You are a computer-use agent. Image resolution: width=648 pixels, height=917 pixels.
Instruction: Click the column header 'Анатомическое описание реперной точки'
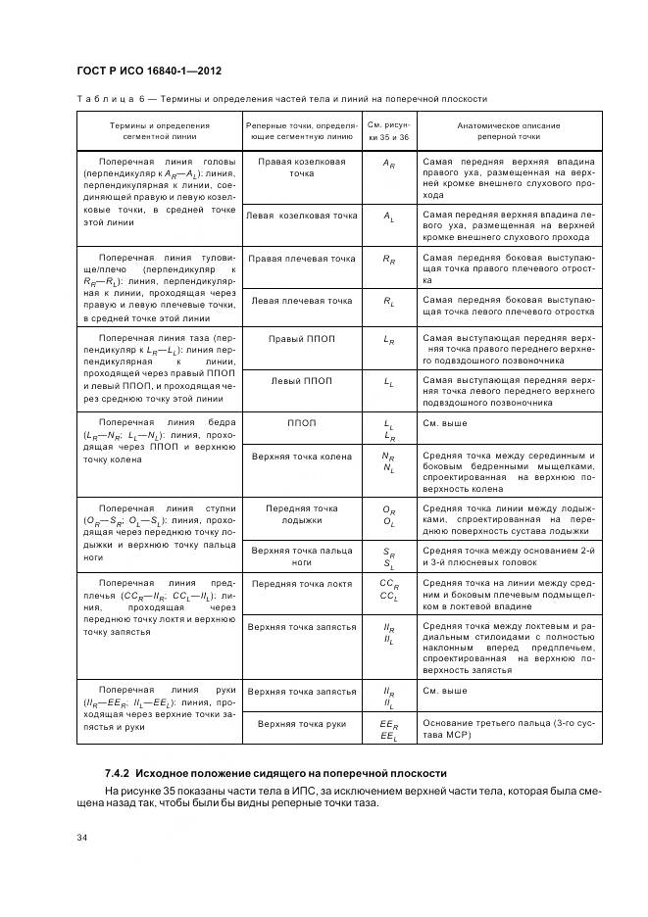508,132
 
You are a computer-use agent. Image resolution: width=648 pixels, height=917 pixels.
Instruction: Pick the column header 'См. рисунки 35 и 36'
388,132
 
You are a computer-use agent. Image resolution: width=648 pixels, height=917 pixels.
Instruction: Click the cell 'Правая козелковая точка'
301,168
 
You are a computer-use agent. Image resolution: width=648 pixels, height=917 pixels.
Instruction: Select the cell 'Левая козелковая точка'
301,215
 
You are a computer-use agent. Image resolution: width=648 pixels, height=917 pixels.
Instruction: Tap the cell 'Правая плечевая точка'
301,259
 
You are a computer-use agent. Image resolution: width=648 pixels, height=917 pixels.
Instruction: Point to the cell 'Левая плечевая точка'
301,301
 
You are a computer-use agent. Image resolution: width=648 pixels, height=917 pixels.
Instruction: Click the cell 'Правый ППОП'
301,338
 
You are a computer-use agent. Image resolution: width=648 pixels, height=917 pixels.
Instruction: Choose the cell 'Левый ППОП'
301,380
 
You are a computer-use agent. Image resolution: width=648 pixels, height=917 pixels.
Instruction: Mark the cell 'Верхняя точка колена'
301,457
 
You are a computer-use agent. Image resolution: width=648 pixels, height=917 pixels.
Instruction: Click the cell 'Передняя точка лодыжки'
301,514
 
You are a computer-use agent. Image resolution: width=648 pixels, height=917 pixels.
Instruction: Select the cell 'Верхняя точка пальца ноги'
301,556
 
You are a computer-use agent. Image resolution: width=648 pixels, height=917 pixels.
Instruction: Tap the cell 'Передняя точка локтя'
301,583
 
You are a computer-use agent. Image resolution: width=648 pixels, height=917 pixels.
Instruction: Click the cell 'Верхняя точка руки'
301,724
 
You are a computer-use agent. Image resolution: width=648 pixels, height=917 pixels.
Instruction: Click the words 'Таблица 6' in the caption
107,99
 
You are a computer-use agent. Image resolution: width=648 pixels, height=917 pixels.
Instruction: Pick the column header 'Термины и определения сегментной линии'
159,132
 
